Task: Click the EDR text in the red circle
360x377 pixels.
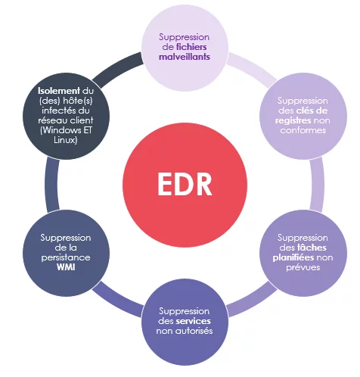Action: click(x=185, y=184)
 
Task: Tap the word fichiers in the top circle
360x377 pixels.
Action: click(x=191, y=47)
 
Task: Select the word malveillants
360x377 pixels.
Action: click(x=185, y=57)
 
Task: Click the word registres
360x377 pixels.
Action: click(x=293, y=120)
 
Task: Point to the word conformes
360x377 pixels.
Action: click(x=303, y=130)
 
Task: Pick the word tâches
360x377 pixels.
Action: click(x=312, y=248)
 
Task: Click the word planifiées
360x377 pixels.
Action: click(x=293, y=257)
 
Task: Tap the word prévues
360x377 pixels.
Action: click(x=303, y=267)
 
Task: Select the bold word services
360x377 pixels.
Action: click(x=194, y=321)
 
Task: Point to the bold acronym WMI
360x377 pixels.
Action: click(x=66, y=267)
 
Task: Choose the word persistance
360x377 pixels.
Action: click(x=66, y=257)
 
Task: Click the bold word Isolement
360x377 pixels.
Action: click(x=59, y=91)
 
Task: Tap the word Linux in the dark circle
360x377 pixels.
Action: click(x=66, y=140)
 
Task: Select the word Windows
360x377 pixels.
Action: click(x=61, y=130)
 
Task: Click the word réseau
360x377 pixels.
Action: click(x=51, y=120)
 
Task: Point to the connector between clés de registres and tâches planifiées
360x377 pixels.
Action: click(x=317, y=185)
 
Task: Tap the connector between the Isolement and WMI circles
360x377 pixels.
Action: click(x=52, y=185)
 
